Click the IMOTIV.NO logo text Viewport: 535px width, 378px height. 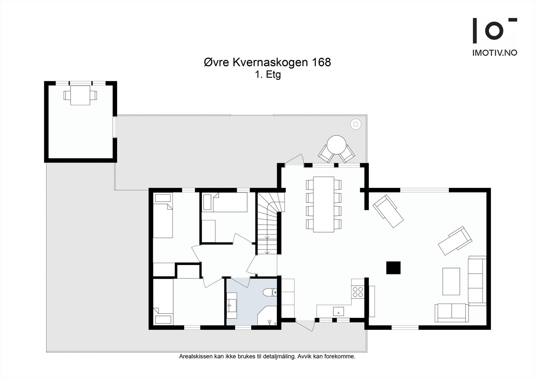(x=495, y=53)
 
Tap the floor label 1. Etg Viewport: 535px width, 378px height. (x=268, y=75)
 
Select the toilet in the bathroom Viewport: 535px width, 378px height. (x=270, y=292)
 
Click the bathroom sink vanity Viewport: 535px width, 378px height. (x=232, y=305)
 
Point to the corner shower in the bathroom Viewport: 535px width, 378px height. (x=267, y=316)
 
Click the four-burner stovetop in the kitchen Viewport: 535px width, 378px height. (x=358, y=292)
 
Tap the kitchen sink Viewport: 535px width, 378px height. (x=338, y=311)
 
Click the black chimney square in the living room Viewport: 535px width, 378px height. (x=393, y=268)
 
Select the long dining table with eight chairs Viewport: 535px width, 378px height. (x=324, y=205)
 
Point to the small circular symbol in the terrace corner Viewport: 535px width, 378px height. (x=356, y=124)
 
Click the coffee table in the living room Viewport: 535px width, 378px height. (x=451, y=281)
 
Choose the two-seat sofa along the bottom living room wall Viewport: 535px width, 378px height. (x=452, y=313)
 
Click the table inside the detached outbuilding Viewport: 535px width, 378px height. (x=80, y=95)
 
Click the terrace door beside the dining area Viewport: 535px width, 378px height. (x=294, y=160)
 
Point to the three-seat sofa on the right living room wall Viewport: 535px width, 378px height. (x=477, y=281)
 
